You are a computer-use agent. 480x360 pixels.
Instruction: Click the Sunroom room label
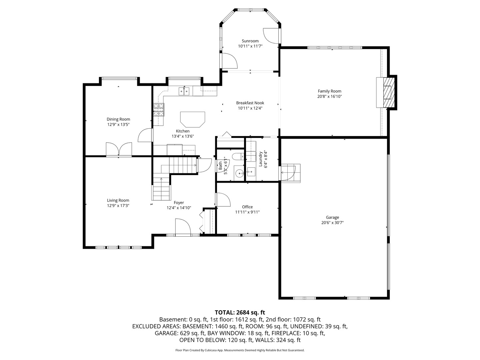pos(250,41)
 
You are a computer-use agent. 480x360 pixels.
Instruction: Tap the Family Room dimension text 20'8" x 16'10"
pos(329,97)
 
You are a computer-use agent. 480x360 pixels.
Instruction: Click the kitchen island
pos(192,119)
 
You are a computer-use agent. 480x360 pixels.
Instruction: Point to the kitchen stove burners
pos(159,110)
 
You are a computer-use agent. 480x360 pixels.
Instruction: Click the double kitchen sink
pos(184,91)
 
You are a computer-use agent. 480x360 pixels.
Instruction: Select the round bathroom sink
pos(239,173)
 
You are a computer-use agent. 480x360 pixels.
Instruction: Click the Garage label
pos(332,217)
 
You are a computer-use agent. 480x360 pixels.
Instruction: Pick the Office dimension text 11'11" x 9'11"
pos(247,212)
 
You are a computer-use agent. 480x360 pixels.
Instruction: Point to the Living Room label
pos(118,200)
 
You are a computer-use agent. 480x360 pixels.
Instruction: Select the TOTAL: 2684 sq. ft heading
pos(240,312)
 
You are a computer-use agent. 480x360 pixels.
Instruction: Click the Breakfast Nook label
pos(250,103)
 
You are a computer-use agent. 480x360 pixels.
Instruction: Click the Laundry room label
pos(260,159)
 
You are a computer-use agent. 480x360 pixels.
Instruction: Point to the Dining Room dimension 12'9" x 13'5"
pos(118,125)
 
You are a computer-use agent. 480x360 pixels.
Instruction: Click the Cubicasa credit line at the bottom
pos(240,350)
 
